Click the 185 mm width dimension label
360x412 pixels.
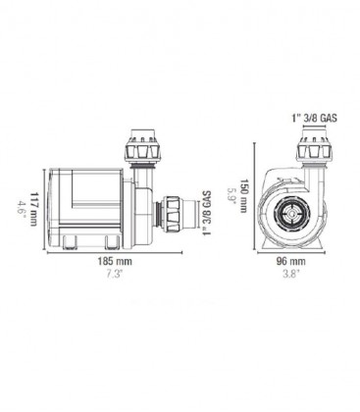tap(115, 262)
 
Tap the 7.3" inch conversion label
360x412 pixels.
tap(115, 274)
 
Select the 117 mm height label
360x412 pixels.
tap(33, 209)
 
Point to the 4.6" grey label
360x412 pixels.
tap(21, 207)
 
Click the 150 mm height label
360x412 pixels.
tap(244, 195)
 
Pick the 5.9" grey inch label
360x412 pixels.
tap(231, 195)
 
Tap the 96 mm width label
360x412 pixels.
tap(291, 261)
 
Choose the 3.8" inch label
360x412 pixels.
tap(291, 274)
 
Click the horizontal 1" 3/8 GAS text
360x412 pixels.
tap(314, 118)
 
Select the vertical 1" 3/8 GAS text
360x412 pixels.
tap(207, 213)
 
